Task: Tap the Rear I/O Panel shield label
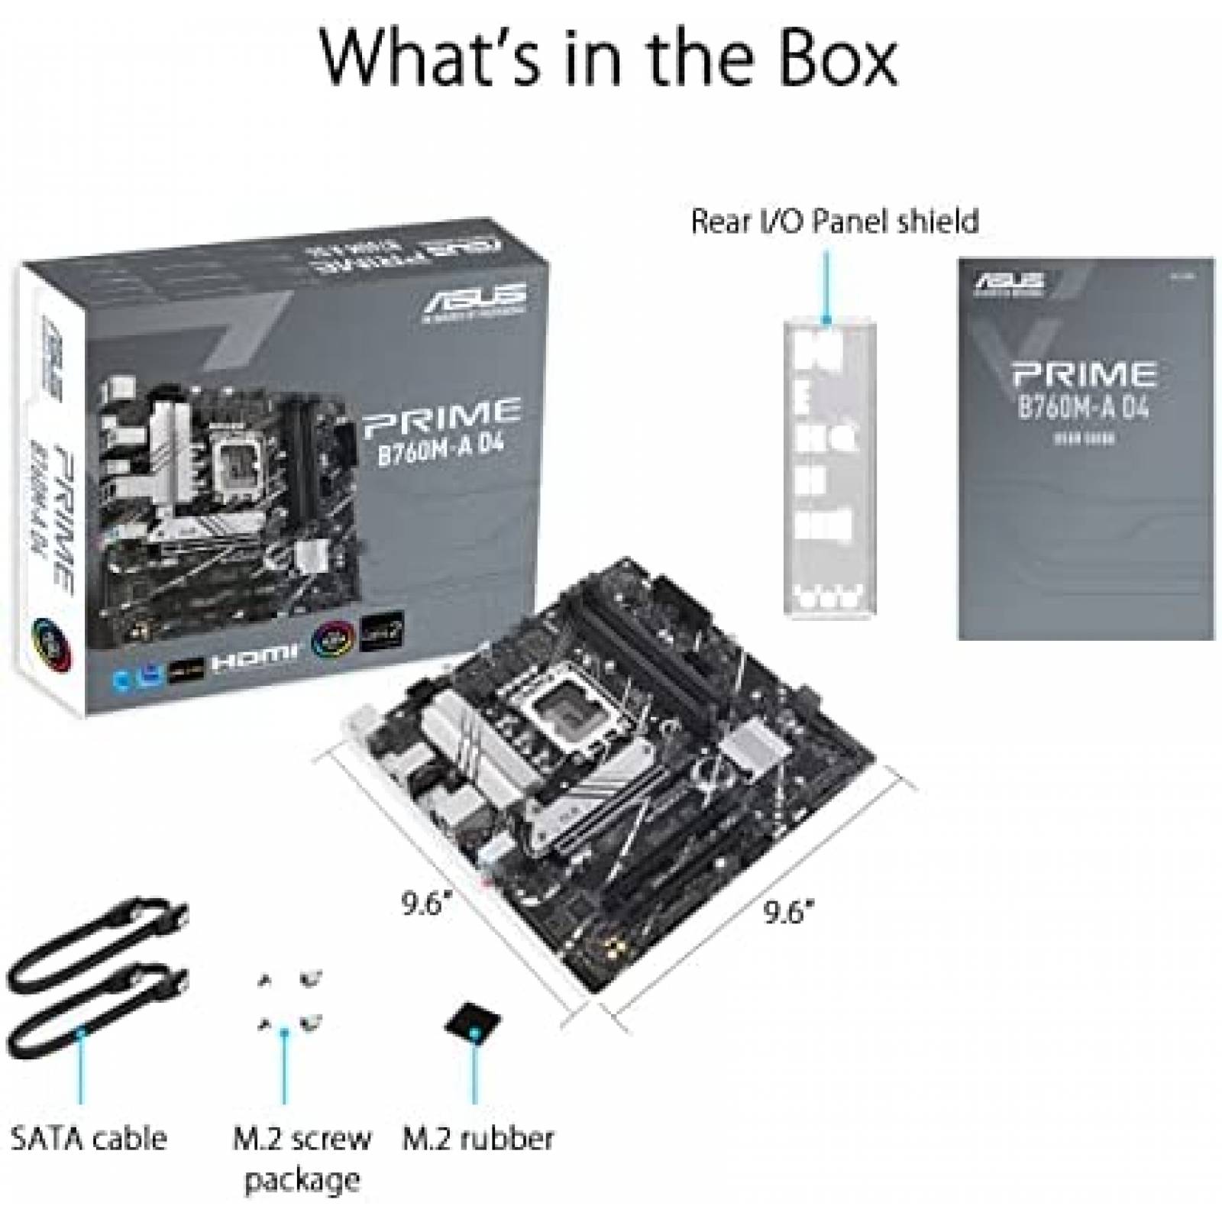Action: tap(834, 221)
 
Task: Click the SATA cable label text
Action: tap(88, 1137)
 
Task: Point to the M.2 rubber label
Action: tap(477, 1137)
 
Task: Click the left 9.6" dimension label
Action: tap(424, 905)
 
